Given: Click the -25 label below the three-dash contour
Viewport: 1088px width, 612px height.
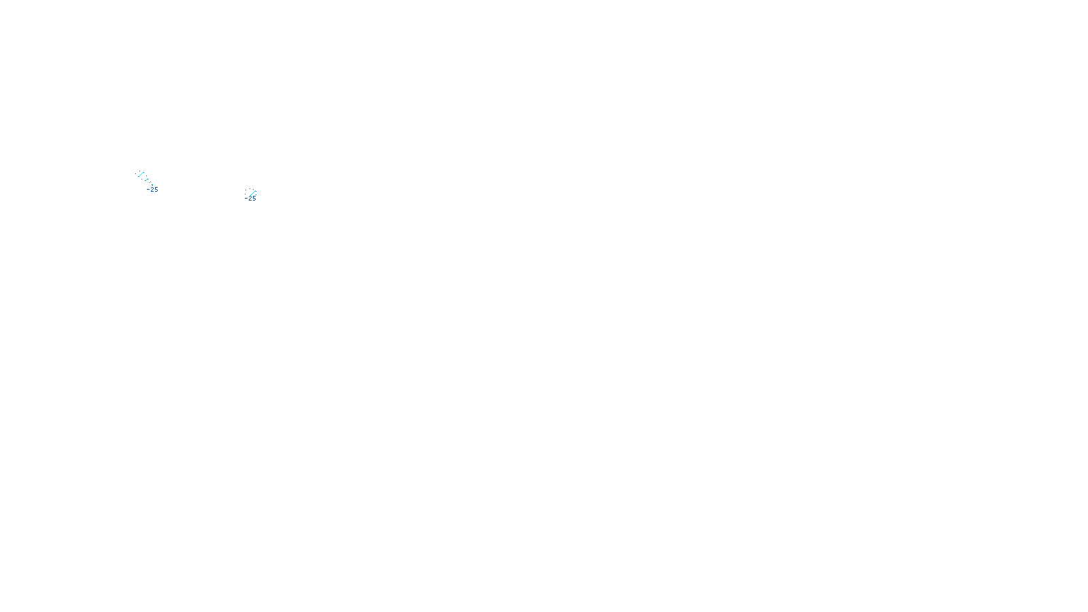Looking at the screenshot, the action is (152, 190).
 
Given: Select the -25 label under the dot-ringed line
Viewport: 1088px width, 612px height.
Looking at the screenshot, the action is (251, 199).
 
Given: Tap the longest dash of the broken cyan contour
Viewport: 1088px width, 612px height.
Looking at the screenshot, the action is (141, 174).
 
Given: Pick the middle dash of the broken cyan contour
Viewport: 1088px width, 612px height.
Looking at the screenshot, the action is (146, 180).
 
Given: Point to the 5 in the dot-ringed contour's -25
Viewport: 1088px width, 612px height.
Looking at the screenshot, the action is (254, 199).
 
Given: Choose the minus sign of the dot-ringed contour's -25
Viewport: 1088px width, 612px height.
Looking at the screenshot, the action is (247, 199).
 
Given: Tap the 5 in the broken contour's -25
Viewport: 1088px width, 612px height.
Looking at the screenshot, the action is (156, 190).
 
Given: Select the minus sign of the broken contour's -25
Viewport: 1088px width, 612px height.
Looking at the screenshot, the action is (148, 190).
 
